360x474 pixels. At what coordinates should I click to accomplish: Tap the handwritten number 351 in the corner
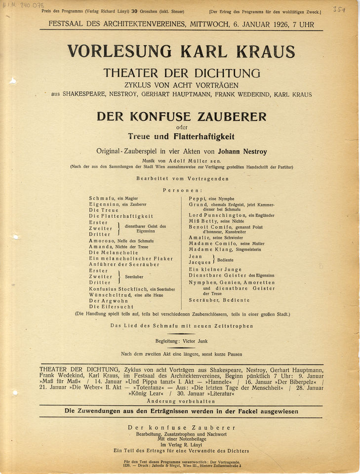[x=338, y=9]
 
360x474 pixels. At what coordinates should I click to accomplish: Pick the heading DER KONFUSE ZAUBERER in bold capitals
[x=181, y=117]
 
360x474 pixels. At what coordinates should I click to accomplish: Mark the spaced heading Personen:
[x=182, y=190]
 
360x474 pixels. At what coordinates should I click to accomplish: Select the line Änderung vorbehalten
[x=181, y=400]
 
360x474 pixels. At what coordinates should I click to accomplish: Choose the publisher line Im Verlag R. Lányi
[x=181, y=444]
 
